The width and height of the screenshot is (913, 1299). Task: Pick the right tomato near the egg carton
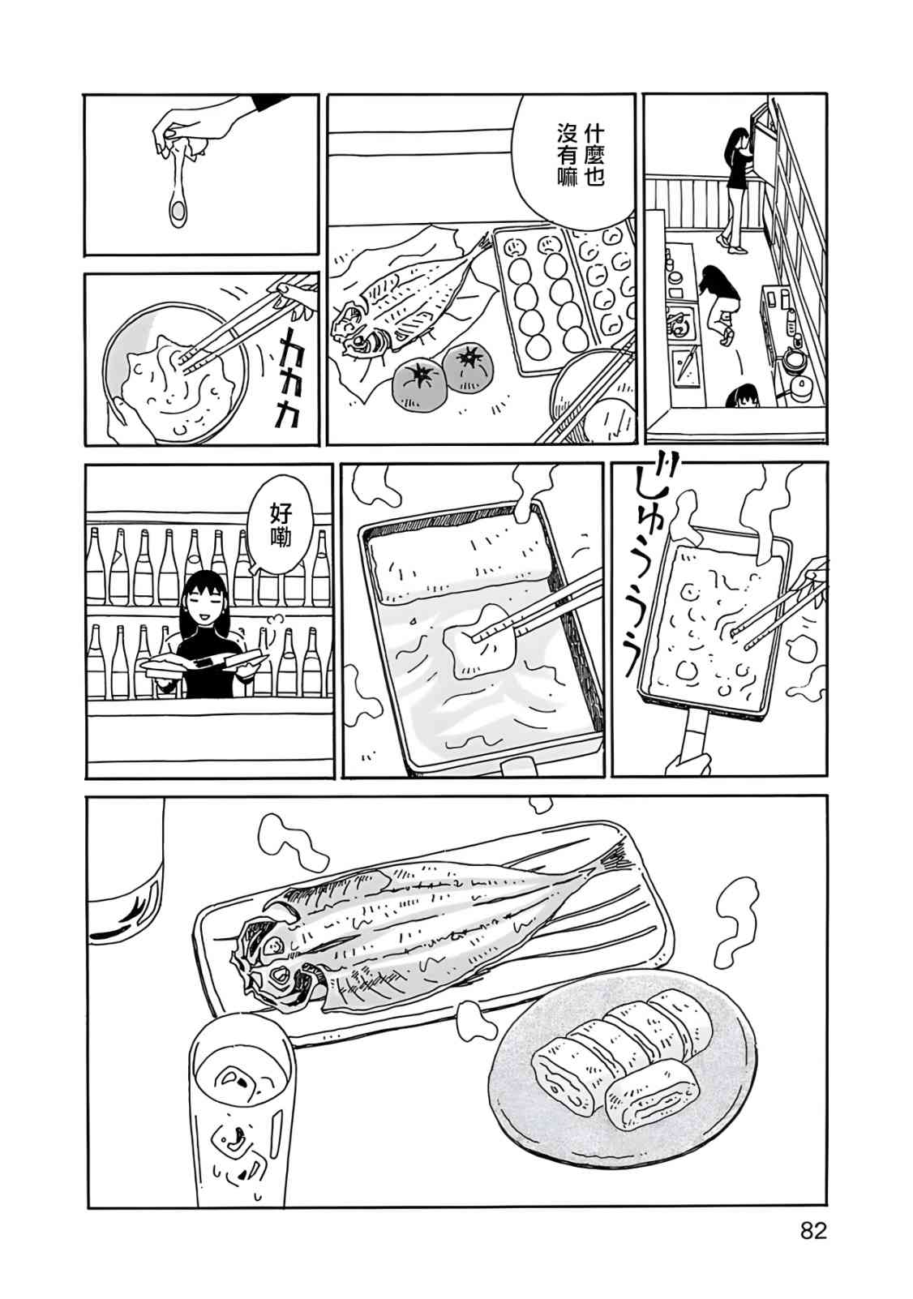pyautogui.click(x=468, y=367)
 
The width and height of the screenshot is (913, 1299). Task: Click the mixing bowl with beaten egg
pyautogui.click(x=177, y=367)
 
